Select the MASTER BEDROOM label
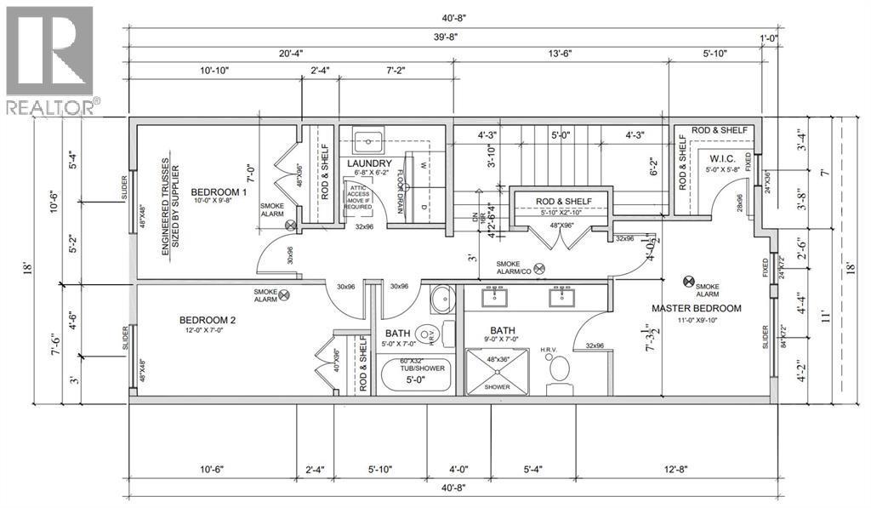(x=697, y=308)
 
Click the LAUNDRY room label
(x=369, y=163)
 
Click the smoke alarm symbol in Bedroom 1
(x=292, y=225)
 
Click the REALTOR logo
(x=51, y=60)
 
